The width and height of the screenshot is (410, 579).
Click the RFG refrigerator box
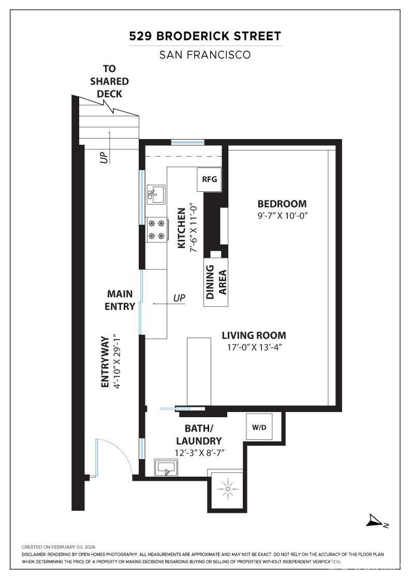(x=209, y=179)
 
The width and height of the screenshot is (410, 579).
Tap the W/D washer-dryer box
(x=259, y=427)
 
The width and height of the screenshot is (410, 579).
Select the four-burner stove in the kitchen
(x=157, y=230)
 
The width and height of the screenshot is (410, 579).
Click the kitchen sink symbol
(x=156, y=194)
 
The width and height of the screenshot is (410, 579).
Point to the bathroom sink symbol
(x=166, y=468)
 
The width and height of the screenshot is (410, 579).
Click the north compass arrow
(x=375, y=521)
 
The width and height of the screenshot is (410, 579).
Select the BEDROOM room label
(x=282, y=204)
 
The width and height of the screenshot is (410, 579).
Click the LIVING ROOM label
(x=254, y=336)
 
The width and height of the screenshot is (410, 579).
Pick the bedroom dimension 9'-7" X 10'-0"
(x=283, y=216)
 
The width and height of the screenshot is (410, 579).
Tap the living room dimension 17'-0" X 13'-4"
(x=254, y=347)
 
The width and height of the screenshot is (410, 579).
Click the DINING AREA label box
(x=216, y=282)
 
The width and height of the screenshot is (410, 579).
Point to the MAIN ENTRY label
(x=120, y=300)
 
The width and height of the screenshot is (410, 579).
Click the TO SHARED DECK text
(x=109, y=81)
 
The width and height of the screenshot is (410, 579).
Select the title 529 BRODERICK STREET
(x=205, y=36)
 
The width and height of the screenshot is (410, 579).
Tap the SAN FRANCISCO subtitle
(x=205, y=55)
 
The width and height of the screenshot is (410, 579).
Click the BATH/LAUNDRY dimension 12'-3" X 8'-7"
(x=200, y=453)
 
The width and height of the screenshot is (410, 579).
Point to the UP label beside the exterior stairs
(x=105, y=158)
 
